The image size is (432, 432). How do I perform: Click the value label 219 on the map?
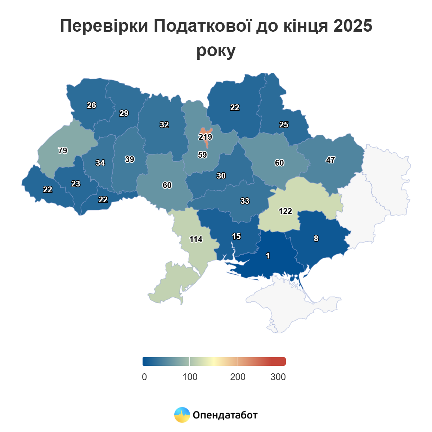pyautogui.click(x=205, y=137)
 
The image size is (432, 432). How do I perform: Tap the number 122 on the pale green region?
pyautogui.click(x=285, y=211)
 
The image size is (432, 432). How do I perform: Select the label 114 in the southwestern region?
pyautogui.click(x=196, y=239)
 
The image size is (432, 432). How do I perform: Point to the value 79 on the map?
pyautogui.click(x=63, y=150)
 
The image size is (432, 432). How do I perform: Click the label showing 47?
pyautogui.click(x=330, y=160)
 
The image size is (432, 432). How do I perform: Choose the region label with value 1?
pyautogui.click(x=267, y=256)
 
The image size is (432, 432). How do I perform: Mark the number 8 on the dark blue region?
pyautogui.click(x=316, y=238)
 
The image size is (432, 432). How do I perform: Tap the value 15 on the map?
pyautogui.click(x=236, y=236)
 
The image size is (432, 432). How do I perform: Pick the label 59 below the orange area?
pyautogui.click(x=202, y=155)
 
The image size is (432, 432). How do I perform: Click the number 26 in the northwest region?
pyautogui.click(x=91, y=105)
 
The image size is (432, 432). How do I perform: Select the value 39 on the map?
pyautogui.click(x=130, y=159)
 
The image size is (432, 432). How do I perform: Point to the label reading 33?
pyautogui.click(x=245, y=201)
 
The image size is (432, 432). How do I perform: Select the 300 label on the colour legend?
pyautogui.click(x=278, y=377)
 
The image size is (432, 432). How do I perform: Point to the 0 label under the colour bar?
pyautogui.click(x=144, y=377)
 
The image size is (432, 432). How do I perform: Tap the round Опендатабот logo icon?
pyautogui.click(x=182, y=415)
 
